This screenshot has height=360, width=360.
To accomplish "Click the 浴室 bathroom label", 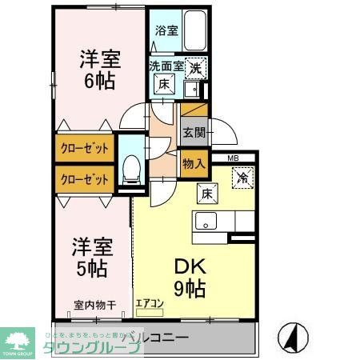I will click(x=166, y=33).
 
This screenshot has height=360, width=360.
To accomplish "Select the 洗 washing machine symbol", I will click(x=196, y=70).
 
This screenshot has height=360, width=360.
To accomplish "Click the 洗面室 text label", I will click(x=166, y=68).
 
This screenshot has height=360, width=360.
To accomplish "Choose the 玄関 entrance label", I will click(x=193, y=133).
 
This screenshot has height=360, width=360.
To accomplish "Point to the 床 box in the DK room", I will click(x=205, y=191).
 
